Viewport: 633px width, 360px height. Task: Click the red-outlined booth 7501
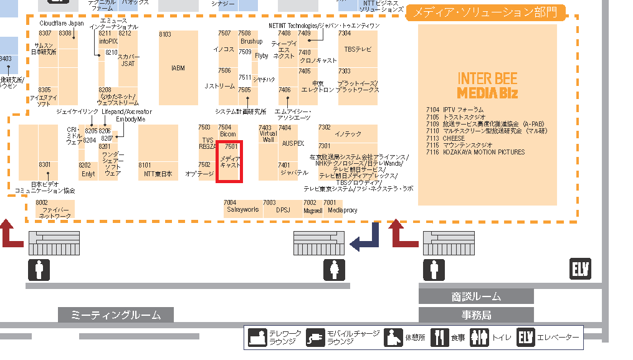point(229,162)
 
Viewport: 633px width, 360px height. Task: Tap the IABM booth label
point(178,69)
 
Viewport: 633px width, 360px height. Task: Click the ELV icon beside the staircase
point(580,269)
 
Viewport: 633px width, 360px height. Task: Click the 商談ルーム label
point(476,297)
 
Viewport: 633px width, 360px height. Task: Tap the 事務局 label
point(476,315)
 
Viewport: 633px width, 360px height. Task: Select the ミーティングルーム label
point(116,315)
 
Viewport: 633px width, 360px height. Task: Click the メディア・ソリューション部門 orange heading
point(485,12)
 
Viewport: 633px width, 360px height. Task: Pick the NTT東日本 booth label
point(158,174)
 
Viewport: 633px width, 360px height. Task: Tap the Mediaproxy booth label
point(342,211)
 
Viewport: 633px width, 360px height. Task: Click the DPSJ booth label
point(283,211)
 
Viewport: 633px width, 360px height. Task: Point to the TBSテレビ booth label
point(358,49)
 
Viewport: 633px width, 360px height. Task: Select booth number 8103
point(165,35)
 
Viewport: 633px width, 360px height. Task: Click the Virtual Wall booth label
point(268,136)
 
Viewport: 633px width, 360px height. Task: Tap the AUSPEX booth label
point(293,143)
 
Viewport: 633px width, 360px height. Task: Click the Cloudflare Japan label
point(62,24)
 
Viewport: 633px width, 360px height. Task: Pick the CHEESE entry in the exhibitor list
point(454,138)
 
